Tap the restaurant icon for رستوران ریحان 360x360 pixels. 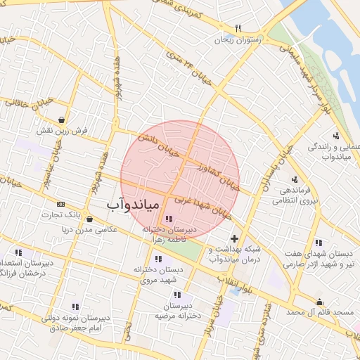(238, 29)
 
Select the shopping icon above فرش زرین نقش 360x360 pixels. (64, 119)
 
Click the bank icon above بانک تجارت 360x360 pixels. (60, 202)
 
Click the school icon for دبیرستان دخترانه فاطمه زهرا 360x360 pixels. (167, 219)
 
